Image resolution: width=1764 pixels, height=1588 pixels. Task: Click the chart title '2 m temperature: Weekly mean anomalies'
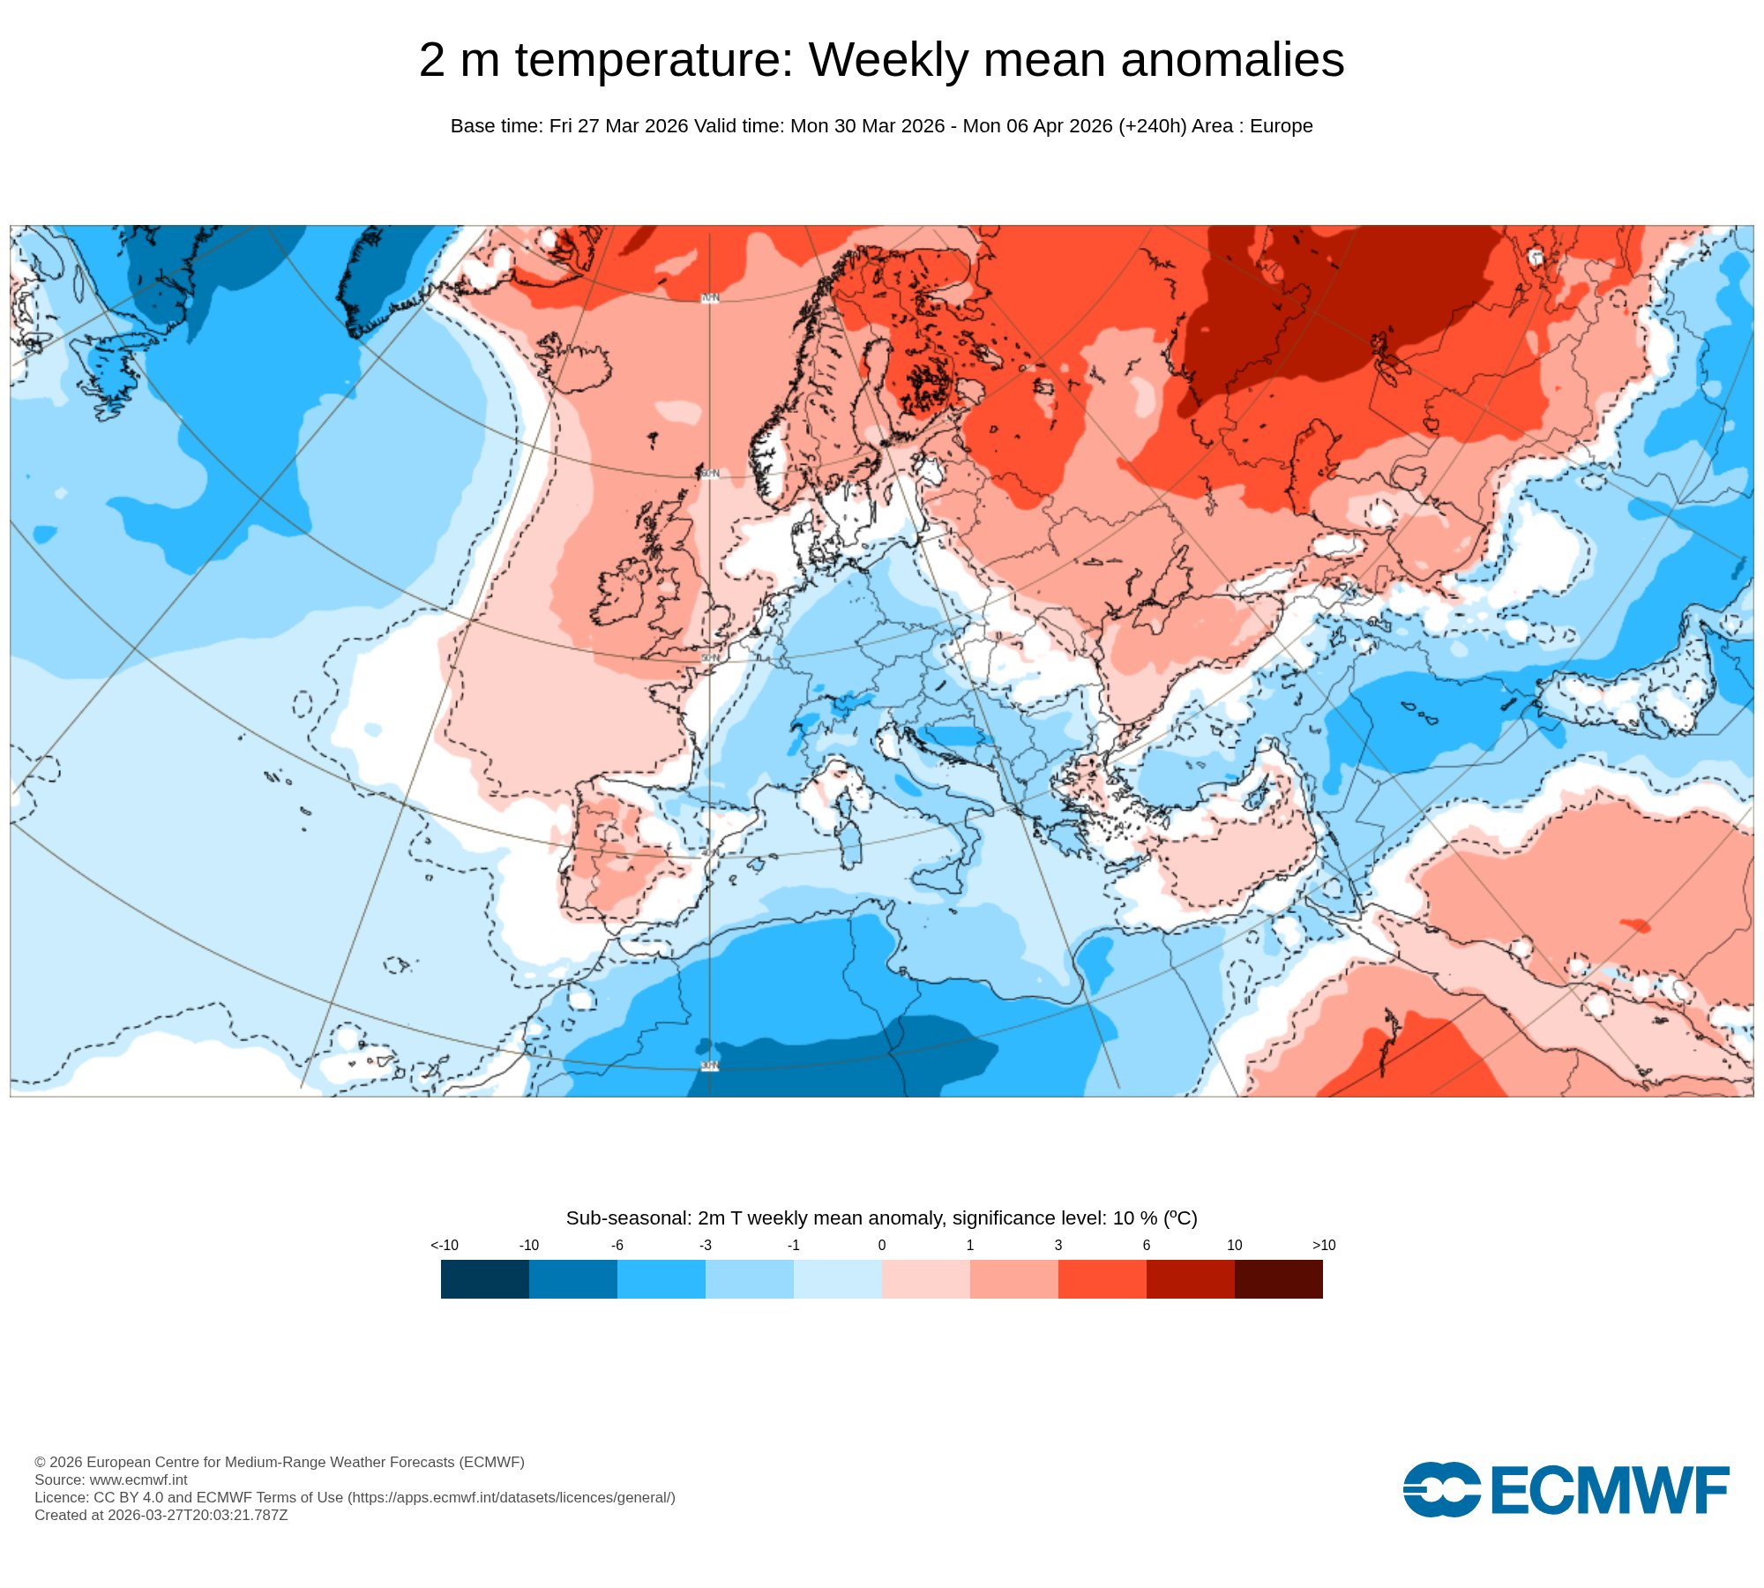[881, 60]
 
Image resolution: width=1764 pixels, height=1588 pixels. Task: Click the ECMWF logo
[1566, 1490]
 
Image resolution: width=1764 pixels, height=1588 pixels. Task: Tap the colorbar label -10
[528, 1245]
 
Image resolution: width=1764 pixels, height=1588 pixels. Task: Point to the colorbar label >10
[1323, 1245]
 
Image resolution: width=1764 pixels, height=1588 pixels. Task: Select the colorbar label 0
[881, 1245]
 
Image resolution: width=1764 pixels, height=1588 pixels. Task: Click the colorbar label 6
[1146, 1245]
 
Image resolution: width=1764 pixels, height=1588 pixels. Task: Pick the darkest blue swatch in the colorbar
[484, 1278]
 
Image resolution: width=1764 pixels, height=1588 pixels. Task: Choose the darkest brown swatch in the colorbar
[1278, 1278]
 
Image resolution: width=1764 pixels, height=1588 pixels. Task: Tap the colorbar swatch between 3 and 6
[1102, 1278]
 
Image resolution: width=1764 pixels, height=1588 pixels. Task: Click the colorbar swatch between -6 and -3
[661, 1278]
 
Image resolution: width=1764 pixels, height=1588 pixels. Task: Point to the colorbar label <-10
[445, 1245]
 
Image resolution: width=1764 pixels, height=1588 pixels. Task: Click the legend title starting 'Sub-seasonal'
[881, 1217]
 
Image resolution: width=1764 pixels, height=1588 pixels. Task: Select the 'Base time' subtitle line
[881, 126]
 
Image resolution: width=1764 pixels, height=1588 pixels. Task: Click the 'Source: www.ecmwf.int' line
[111, 1479]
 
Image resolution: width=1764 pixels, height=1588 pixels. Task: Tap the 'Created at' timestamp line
[161, 1515]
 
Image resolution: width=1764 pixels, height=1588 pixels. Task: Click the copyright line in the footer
[279, 1462]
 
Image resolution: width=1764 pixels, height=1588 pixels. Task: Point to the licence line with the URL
[355, 1497]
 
